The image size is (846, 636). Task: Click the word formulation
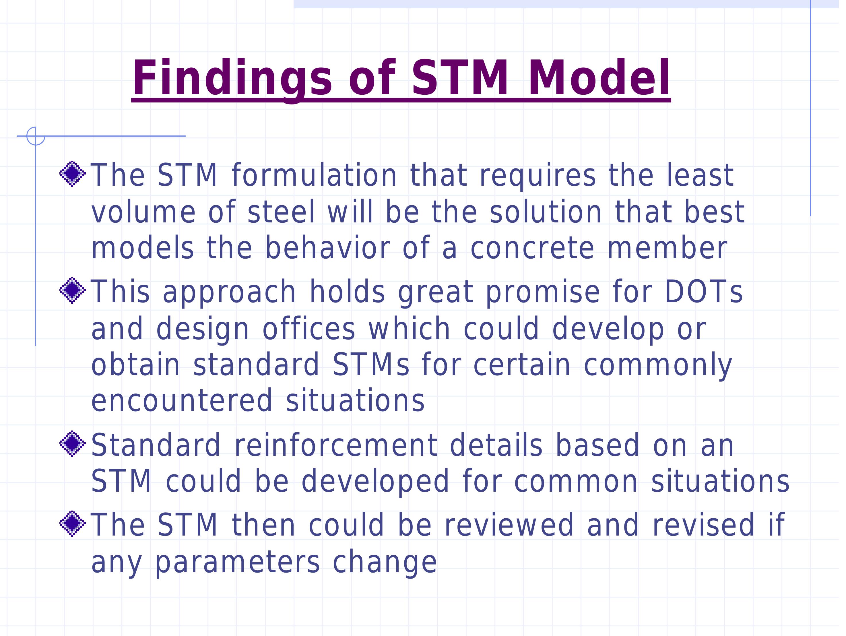tap(315, 176)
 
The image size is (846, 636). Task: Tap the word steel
tap(282, 213)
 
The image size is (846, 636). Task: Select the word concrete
tap(532, 249)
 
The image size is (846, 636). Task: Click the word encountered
tap(182, 402)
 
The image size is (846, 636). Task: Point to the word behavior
tap(327, 249)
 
